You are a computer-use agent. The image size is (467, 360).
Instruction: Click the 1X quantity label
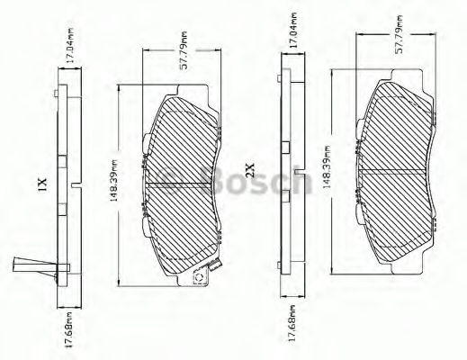(x=41, y=184)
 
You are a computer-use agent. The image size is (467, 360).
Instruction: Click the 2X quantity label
(x=249, y=169)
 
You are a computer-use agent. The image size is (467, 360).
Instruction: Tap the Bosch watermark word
(x=257, y=179)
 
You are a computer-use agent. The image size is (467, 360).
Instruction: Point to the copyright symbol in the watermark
(x=170, y=180)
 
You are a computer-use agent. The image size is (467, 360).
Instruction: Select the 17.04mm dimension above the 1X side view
(x=70, y=45)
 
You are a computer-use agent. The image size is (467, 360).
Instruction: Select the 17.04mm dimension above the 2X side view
(x=293, y=30)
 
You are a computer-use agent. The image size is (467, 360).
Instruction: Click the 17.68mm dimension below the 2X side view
(x=292, y=322)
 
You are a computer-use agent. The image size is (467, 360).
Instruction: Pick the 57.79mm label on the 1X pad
(x=184, y=50)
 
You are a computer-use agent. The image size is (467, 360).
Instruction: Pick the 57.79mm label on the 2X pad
(x=399, y=34)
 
